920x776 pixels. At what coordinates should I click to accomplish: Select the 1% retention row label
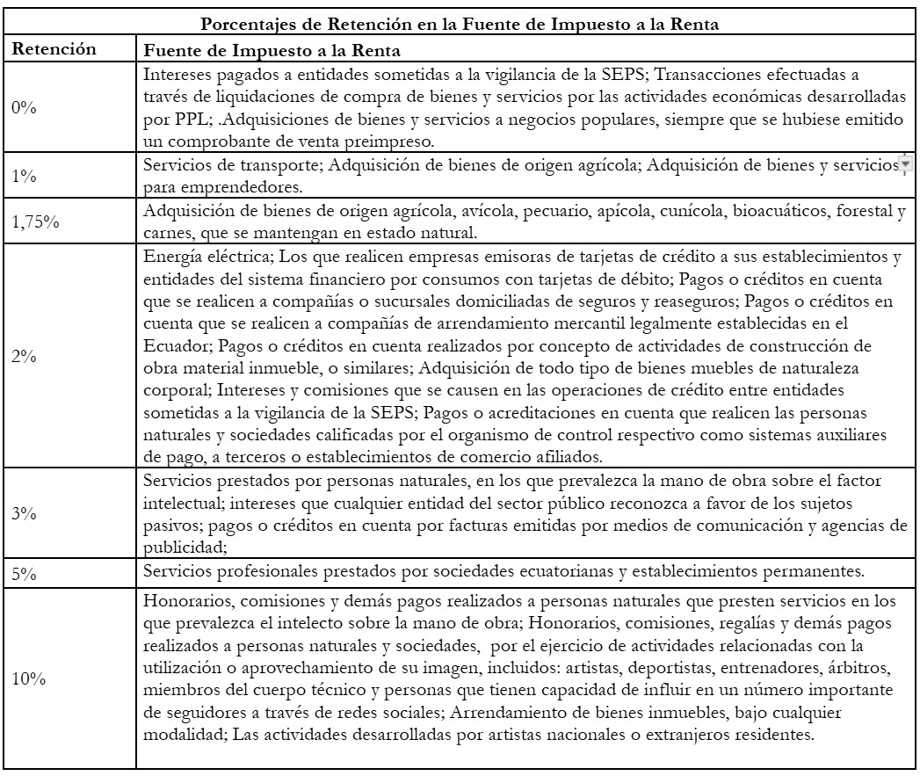pyautogui.click(x=23, y=176)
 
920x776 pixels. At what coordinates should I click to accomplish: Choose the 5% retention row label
pyautogui.click(x=23, y=570)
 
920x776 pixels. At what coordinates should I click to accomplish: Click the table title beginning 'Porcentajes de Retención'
pyautogui.click(x=460, y=26)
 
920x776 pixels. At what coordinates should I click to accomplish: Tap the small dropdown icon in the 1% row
pyautogui.click(x=903, y=164)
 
